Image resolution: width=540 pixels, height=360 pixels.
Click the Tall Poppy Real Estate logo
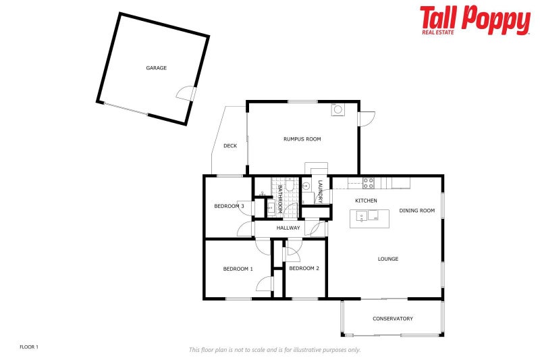point(475,20)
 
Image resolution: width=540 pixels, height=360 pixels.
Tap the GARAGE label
point(157,68)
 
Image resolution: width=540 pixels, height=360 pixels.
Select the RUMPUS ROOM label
point(302,139)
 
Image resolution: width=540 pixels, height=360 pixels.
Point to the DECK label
point(230,145)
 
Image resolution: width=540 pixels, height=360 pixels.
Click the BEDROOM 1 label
point(238,269)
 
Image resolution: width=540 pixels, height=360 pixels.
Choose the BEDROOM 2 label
point(304,268)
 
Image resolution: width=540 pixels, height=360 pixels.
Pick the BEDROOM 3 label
point(229,206)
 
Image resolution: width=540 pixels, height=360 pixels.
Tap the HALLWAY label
point(288,228)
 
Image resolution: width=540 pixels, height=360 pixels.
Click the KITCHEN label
point(366,201)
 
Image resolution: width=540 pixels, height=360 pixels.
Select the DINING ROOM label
point(417,211)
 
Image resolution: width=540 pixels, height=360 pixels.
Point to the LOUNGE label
point(388,259)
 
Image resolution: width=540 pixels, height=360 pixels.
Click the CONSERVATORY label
point(393,319)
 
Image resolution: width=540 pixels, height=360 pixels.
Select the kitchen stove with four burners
point(369,182)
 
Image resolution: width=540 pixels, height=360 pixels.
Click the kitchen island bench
point(369,217)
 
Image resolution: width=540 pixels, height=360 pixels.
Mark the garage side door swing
point(185,94)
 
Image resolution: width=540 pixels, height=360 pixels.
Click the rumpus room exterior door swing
point(367,119)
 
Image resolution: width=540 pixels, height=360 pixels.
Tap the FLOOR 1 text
point(29,347)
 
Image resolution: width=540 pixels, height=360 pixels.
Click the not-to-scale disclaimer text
point(274,350)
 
